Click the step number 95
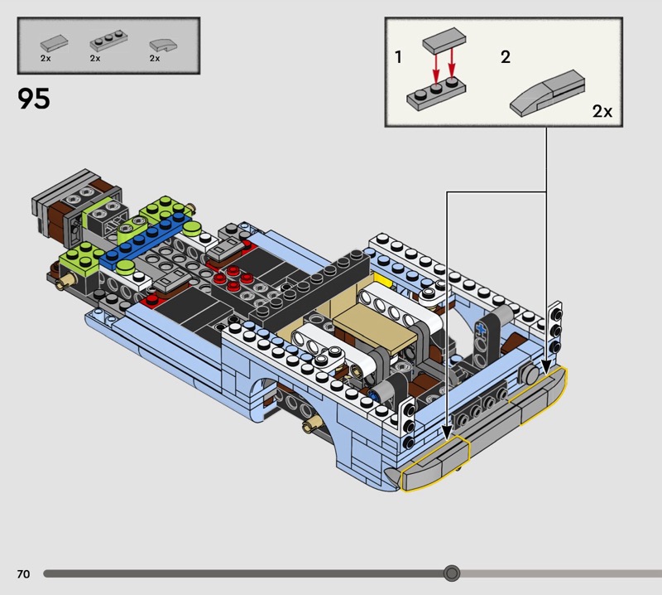point(34,99)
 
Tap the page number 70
point(24,573)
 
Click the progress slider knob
point(452,573)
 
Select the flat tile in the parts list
point(54,43)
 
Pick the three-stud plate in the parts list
point(109,42)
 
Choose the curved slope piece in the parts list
point(163,46)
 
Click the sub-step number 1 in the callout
point(398,56)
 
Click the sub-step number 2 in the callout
point(506,56)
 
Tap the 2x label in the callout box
point(602,111)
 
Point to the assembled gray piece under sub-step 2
point(548,93)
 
